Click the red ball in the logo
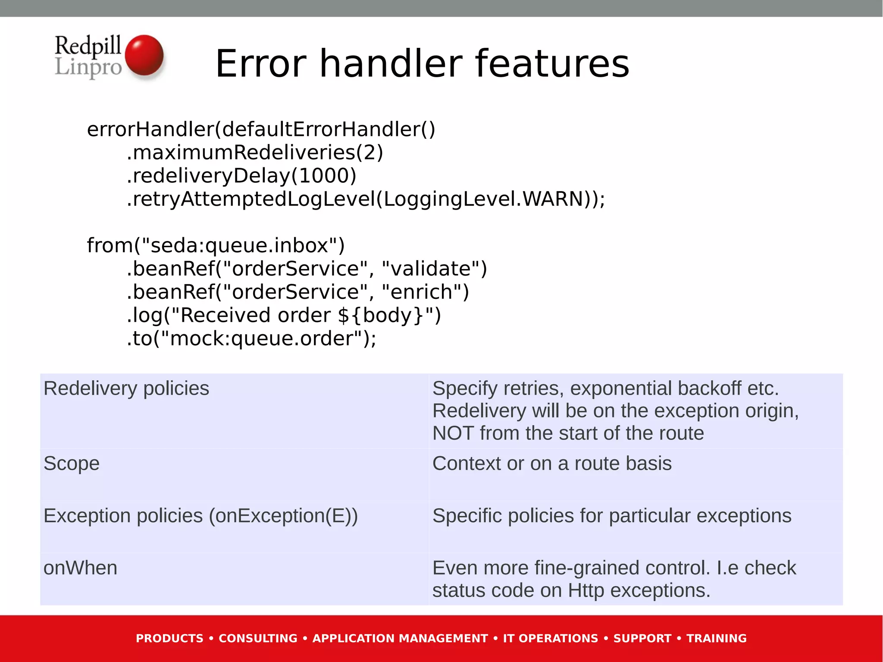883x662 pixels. click(x=144, y=55)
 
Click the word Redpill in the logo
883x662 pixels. click(x=88, y=46)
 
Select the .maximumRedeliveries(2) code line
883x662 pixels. click(x=255, y=152)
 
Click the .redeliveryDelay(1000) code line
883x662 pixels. click(x=241, y=176)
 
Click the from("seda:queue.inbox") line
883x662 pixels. click(x=216, y=245)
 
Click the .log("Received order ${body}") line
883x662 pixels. click(x=284, y=315)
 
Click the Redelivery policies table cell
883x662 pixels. click(x=126, y=389)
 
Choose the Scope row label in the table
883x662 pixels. click(x=72, y=464)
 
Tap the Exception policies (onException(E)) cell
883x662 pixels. click(x=200, y=516)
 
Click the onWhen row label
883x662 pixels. click(x=80, y=568)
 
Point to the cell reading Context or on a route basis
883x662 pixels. click(x=552, y=464)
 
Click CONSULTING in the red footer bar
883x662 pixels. click(x=258, y=638)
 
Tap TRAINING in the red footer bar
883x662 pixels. click(x=716, y=638)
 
